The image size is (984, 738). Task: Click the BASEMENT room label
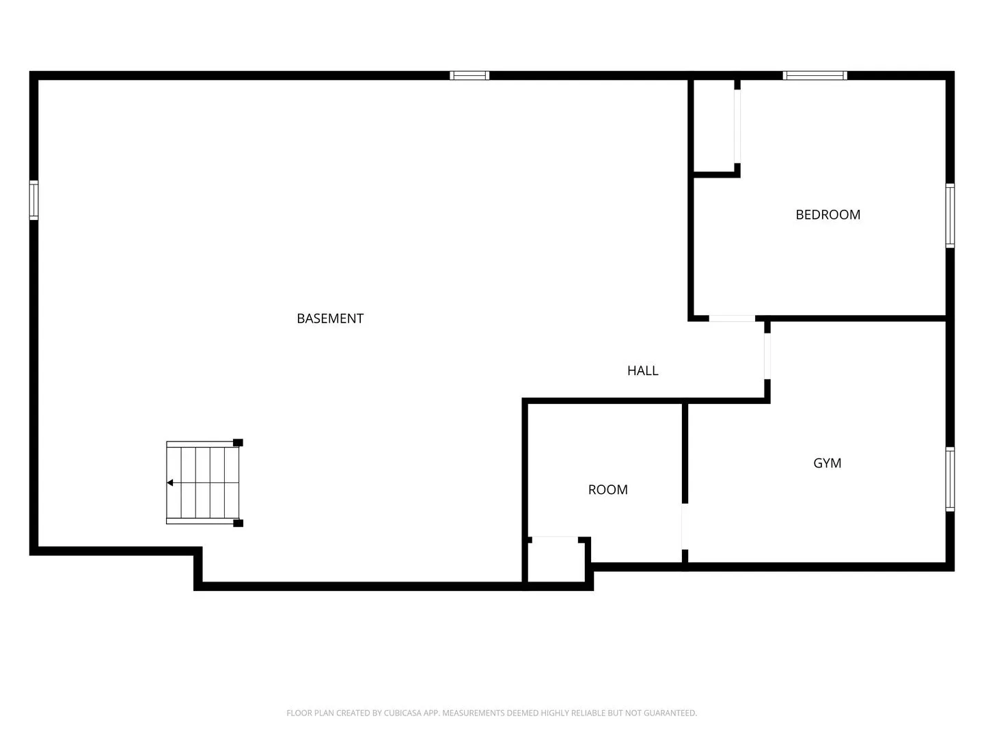click(330, 318)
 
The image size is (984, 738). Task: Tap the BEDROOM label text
click(828, 215)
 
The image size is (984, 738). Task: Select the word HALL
click(642, 370)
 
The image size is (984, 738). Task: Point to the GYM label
click(827, 463)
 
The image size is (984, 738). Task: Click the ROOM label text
click(607, 490)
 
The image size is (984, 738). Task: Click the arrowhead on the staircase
click(170, 482)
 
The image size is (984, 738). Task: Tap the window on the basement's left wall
click(33, 200)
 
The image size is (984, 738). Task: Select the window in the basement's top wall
click(469, 75)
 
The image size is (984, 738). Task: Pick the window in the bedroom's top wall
click(815, 75)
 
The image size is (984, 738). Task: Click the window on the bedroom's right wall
click(950, 215)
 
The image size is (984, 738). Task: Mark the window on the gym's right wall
click(950, 479)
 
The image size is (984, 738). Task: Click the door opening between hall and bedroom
click(732, 318)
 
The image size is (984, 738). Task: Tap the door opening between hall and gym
click(767, 356)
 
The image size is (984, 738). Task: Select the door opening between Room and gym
click(685, 526)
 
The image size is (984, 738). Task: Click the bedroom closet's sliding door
click(737, 127)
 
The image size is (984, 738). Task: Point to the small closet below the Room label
click(556, 562)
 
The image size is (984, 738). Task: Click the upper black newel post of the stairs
click(238, 443)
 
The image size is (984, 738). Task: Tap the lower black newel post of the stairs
click(238, 523)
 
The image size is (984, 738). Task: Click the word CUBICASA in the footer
click(400, 713)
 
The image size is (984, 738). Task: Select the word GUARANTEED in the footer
click(670, 713)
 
